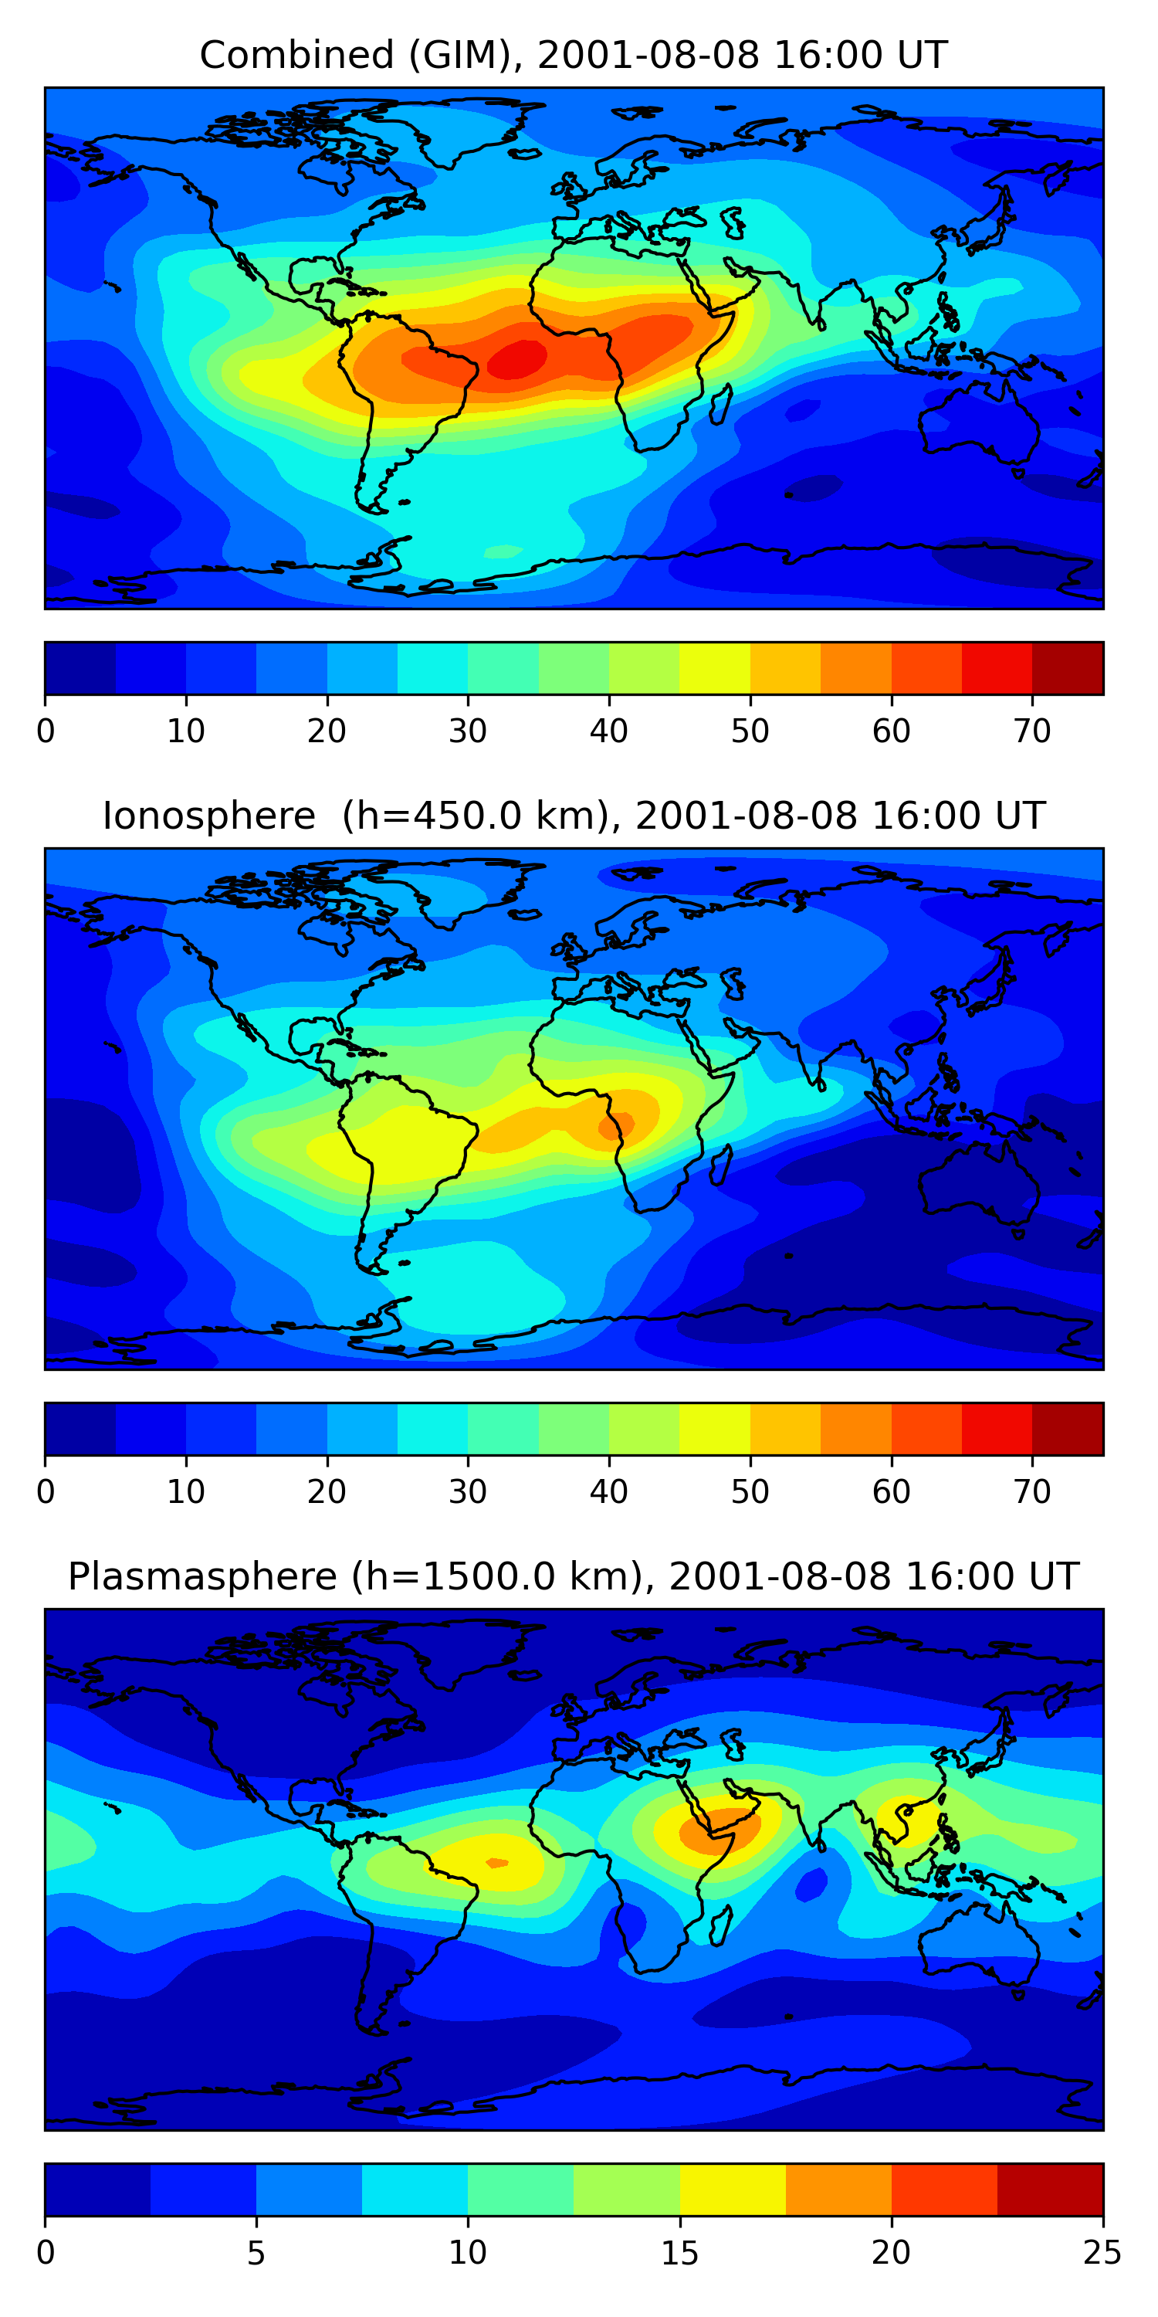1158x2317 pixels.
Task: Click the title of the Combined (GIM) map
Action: click(x=573, y=55)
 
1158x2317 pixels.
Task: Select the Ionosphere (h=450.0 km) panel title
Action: click(x=573, y=816)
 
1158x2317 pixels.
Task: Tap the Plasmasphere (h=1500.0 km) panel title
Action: click(x=573, y=1577)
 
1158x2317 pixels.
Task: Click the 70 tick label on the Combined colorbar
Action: click(x=1031, y=731)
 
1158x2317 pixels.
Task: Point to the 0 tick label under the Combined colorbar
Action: click(x=46, y=731)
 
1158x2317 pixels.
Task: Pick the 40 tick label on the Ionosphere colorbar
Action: click(x=608, y=1492)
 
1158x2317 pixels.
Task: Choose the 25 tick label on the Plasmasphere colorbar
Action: click(x=1102, y=2253)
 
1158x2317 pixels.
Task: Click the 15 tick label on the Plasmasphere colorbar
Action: click(x=679, y=2253)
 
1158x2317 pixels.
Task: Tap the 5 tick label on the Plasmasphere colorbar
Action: click(x=256, y=2253)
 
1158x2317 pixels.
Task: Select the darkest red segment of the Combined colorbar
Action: click(x=1067, y=668)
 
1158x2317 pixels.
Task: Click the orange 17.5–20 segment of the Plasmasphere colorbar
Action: click(x=838, y=2190)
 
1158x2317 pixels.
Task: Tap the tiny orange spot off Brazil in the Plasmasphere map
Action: click(x=496, y=1863)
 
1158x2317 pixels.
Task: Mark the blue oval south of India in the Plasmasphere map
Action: click(x=812, y=1884)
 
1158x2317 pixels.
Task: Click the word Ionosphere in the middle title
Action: click(x=208, y=816)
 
